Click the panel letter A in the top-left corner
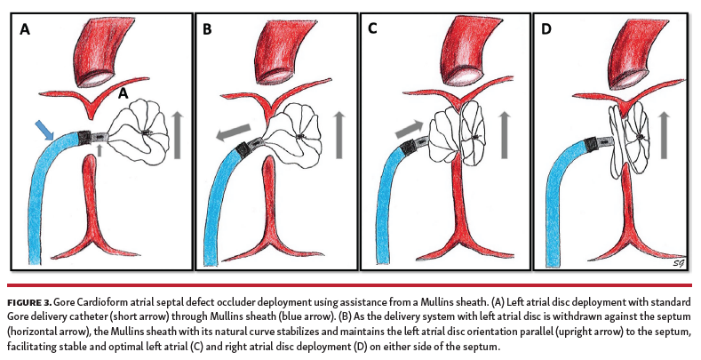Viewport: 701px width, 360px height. pyautogui.click(x=25, y=29)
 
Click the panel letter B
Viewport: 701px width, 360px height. pyautogui.click(x=208, y=29)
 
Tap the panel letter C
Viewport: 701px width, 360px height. pyautogui.click(x=372, y=29)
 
